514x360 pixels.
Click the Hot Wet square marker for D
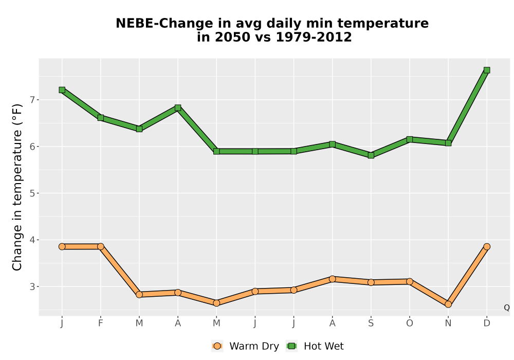click(x=486, y=70)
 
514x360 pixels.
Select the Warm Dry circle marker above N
click(x=448, y=304)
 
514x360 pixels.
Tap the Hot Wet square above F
click(x=101, y=118)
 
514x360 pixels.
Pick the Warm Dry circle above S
click(x=371, y=282)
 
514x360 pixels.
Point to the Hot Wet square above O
click(x=410, y=139)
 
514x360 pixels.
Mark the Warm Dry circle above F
click(x=101, y=246)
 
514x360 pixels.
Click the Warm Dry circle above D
click(x=486, y=246)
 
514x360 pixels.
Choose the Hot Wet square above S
click(x=371, y=155)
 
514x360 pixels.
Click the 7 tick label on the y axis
click(x=32, y=100)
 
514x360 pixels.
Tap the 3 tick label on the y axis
click(x=32, y=286)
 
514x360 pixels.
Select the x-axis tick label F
click(x=101, y=323)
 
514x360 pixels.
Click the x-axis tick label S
click(x=371, y=323)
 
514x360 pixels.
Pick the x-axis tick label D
click(x=486, y=323)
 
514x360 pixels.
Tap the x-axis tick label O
click(x=410, y=323)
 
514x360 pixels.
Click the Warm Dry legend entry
click(x=245, y=346)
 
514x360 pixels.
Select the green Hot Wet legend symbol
click(x=292, y=346)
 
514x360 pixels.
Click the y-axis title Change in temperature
click(x=17, y=187)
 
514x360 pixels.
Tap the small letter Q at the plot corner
click(x=507, y=308)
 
